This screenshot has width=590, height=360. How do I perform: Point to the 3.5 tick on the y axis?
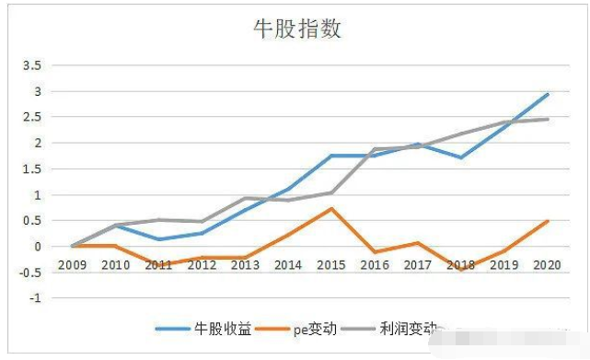point(33,65)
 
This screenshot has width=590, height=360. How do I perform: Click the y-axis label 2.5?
point(33,117)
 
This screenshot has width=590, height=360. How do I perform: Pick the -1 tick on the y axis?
point(38,298)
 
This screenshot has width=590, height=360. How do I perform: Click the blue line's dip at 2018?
point(459,157)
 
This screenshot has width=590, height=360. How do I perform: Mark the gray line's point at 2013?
point(244,198)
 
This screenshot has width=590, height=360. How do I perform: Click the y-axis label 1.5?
point(33,168)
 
